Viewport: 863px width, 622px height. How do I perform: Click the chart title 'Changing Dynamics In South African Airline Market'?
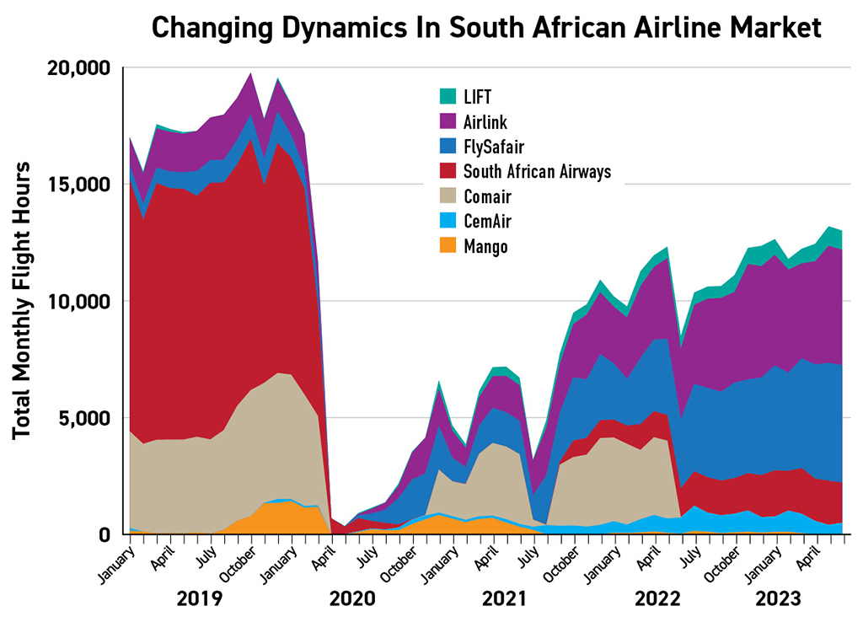486,28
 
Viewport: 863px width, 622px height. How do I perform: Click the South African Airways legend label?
537,172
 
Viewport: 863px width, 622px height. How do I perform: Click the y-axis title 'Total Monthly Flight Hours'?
23,300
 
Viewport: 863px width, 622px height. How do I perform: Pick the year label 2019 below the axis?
200,599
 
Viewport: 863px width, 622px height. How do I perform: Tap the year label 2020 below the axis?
352,599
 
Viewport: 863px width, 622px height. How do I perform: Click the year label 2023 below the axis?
778,599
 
